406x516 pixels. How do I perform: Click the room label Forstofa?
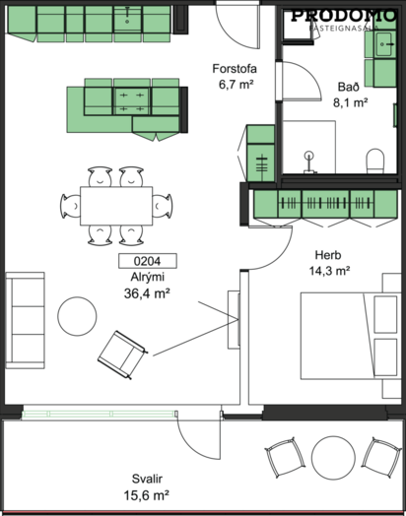point(235,69)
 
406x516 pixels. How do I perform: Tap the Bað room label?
point(349,87)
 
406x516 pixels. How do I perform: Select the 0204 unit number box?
point(148,261)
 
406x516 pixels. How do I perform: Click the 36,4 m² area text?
point(147,293)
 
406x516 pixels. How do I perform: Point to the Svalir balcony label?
point(147,479)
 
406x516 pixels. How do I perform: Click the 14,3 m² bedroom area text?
point(329,271)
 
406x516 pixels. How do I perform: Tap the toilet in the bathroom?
point(375,161)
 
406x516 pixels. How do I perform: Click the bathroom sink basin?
point(384,43)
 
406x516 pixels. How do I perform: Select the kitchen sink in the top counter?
point(127,20)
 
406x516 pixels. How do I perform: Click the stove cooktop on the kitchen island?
point(131,101)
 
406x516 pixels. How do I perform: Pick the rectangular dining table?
point(116,206)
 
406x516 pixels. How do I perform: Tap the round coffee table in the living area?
point(77,316)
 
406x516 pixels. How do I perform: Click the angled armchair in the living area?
point(122,355)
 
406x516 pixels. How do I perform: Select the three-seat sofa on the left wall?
point(25,320)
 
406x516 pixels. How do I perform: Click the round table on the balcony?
point(333,458)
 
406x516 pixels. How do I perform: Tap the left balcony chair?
point(285,458)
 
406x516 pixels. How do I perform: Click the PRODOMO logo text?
point(344,16)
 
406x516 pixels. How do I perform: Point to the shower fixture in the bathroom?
point(308,162)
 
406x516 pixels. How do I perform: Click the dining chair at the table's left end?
point(70,206)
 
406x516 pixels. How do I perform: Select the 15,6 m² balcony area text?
point(147,495)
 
